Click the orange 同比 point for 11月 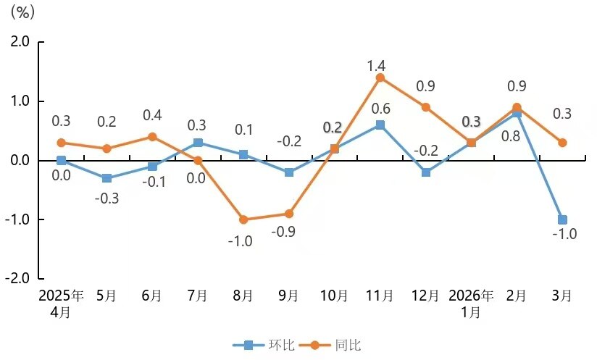click(x=380, y=78)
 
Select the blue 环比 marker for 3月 click(x=562, y=219)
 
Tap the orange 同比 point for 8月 click(x=243, y=219)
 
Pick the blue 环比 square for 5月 click(x=107, y=178)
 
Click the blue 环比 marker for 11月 click(x=380, y=125)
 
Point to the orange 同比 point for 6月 click(x=152, y=136)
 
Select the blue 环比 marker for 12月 click(x=425, y=172)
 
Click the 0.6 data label click(x=381, y=109)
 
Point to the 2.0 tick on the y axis click(x=20, y=42)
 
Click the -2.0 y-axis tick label click(x=18, y=279)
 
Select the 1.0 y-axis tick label click(x=20, y=101)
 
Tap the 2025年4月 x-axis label click(x=61, y=304)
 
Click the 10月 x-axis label click(x=334, y=296)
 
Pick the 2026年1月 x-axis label click(x=471, y=304)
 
